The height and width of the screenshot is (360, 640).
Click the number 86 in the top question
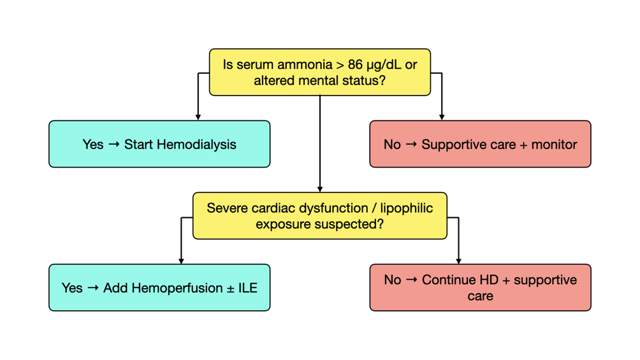355,64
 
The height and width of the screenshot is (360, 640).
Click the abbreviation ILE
247,288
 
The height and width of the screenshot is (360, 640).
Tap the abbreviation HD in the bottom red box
488,280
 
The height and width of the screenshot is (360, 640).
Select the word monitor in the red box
554,145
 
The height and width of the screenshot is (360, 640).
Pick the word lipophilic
407,208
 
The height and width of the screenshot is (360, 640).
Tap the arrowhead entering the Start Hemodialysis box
198,117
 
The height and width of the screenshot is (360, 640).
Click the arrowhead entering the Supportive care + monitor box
442,117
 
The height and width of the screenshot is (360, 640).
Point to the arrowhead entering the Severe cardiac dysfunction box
320,189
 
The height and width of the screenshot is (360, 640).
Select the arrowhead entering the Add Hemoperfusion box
181,261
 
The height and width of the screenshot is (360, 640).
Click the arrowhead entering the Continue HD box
458,261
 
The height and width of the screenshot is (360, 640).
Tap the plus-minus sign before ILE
231,289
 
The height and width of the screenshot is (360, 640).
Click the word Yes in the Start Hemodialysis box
93,145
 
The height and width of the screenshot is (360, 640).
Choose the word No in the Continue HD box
393,280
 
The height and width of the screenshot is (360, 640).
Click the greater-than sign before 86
340,65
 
